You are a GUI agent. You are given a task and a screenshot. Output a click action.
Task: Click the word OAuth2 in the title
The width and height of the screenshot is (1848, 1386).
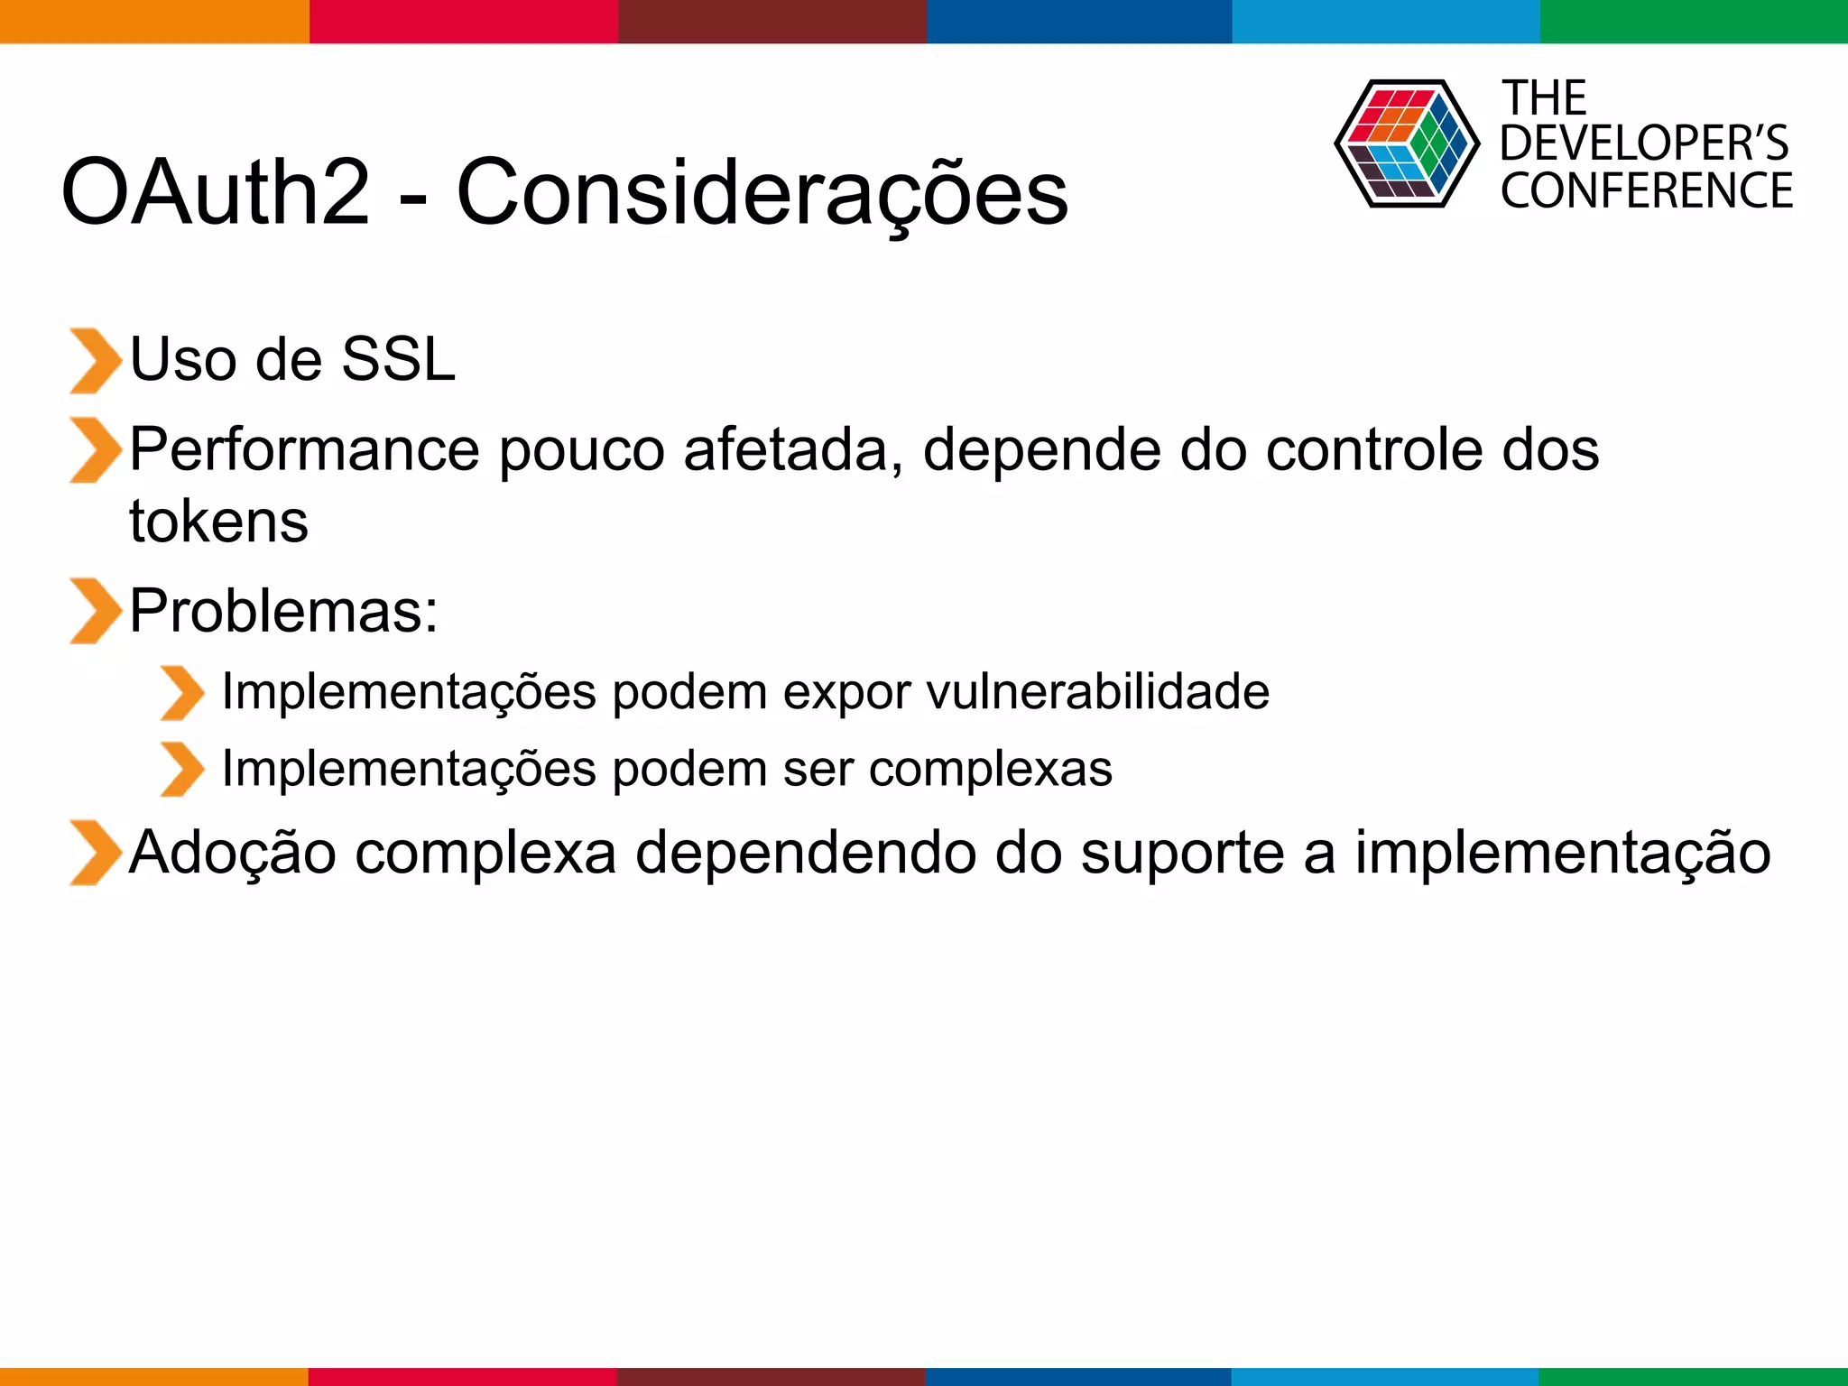[215, 192]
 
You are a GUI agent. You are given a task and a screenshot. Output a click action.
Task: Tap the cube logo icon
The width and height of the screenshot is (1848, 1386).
[1406, 144]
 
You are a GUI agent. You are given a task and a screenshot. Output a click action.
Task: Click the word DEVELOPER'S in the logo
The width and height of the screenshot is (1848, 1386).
[1644, 143]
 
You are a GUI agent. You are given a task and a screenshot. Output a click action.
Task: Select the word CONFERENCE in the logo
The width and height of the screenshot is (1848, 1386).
[1646, 191]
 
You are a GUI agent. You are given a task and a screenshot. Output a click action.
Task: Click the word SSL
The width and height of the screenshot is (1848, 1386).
[399, 359]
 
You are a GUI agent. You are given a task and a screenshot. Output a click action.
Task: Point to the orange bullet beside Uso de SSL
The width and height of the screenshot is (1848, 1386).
[94, 361]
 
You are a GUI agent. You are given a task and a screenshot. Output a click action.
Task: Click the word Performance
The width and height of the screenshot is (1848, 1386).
[304, 450]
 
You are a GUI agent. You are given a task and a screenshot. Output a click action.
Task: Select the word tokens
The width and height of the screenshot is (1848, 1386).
[218, 522]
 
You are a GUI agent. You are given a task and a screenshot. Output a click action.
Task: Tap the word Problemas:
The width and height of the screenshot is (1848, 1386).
[283, 611]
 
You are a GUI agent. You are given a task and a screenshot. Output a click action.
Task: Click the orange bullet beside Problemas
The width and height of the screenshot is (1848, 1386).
[94, 611]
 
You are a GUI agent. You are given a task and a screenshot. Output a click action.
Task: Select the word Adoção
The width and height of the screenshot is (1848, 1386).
[233, 853]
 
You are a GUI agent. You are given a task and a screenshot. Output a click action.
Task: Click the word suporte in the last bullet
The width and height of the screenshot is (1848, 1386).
[1182, 853]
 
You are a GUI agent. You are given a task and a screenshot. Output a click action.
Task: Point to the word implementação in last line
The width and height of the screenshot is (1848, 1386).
[1562, 853]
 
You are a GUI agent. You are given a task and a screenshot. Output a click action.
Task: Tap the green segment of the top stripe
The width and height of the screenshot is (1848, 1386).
[1693, 21]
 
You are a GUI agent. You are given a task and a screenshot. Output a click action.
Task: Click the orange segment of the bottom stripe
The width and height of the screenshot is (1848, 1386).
[153, 1376]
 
